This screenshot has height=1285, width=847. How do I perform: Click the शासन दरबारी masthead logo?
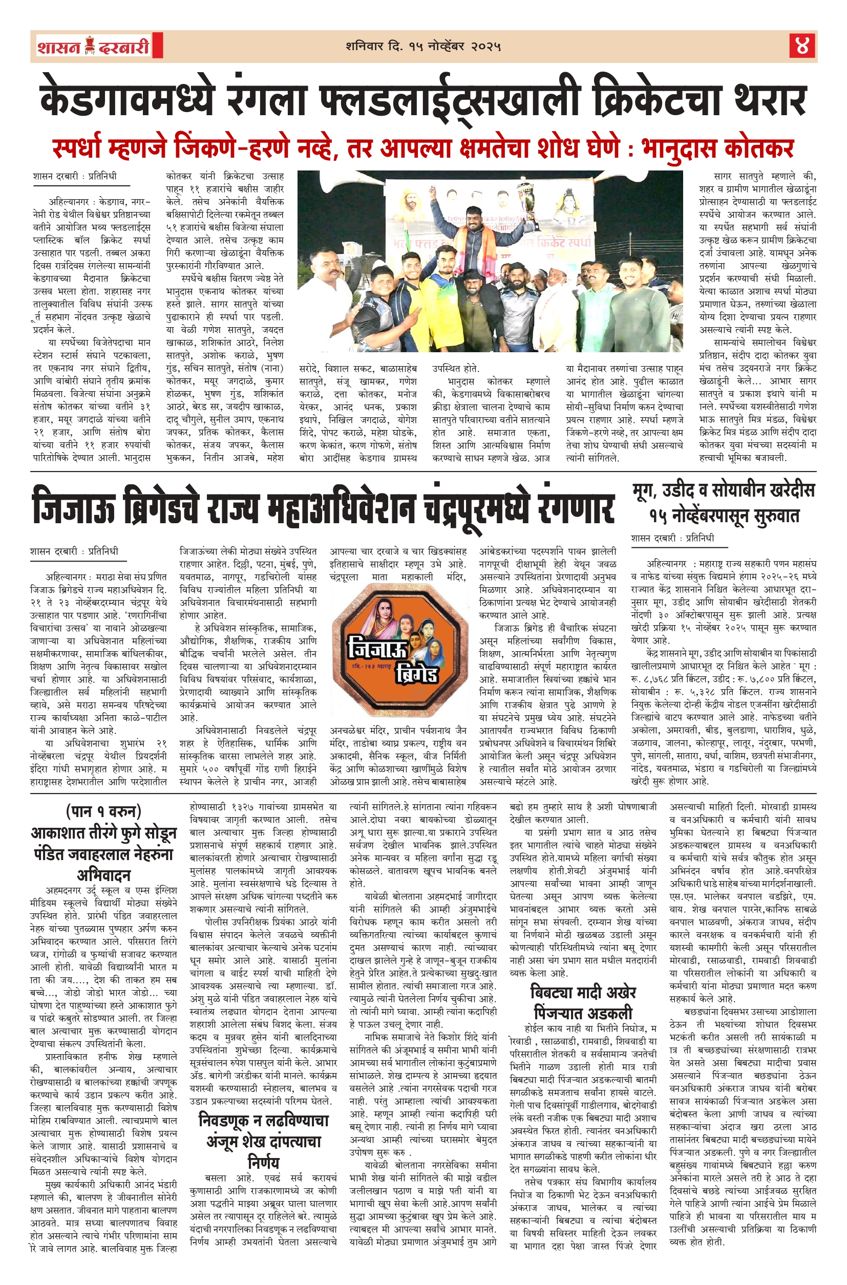click(x=93, y=46)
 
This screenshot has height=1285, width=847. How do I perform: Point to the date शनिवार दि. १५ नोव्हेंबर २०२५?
click(x=423, y=47)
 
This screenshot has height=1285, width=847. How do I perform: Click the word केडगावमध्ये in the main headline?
click(x=128, y=98)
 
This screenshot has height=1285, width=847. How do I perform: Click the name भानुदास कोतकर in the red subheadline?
click(x=718, y=147)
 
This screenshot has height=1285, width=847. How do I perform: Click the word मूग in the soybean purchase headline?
click(x=647, y=491)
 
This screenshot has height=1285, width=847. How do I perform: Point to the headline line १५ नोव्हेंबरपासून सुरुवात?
click(x=724, y=516)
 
